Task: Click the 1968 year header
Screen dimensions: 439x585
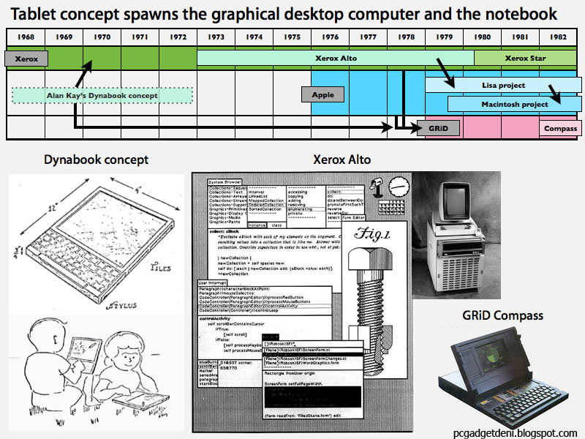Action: (26, 37)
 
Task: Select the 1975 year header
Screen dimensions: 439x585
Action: (292, 37)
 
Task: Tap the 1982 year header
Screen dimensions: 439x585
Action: (559, 37)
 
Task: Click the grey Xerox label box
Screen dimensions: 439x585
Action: (26, 59)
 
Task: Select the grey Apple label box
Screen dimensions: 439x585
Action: (322, 94)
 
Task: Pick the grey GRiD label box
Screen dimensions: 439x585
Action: (438, 129)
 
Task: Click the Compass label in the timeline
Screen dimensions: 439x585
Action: (560, 129)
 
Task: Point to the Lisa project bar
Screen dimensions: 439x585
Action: (503, 86)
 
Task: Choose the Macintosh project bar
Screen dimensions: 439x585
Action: (514, 104)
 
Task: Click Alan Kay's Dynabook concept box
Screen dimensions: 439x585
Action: (102, 95)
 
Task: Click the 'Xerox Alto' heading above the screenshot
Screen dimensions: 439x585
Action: (341, 160)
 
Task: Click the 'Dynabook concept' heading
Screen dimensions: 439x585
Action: (96, 160)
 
